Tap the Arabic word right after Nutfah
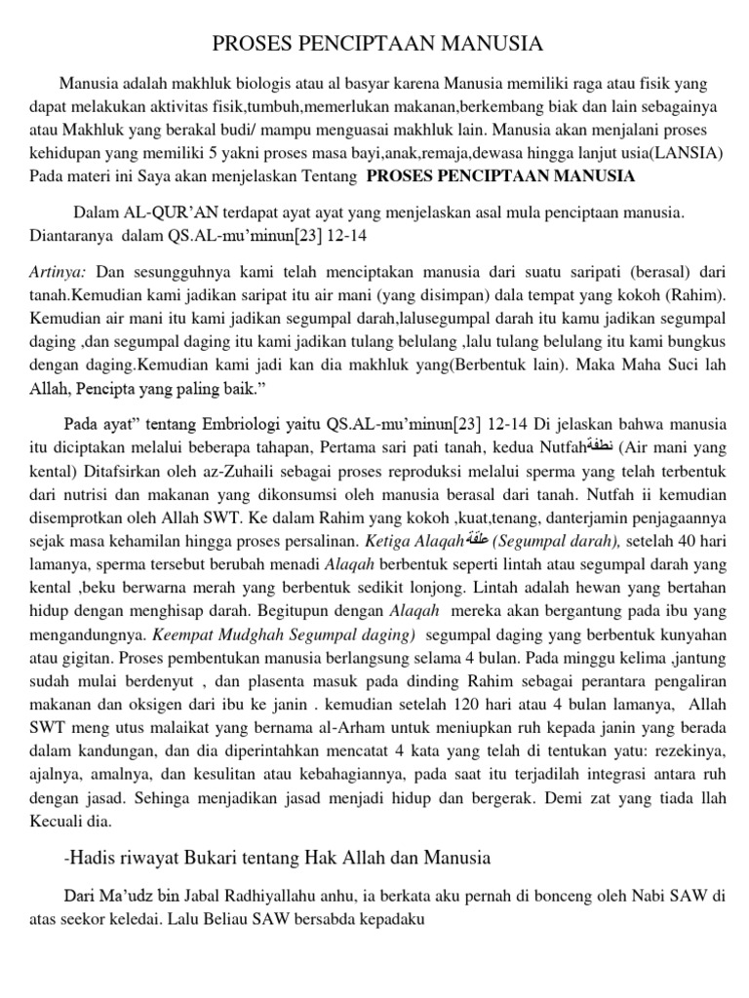598,446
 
